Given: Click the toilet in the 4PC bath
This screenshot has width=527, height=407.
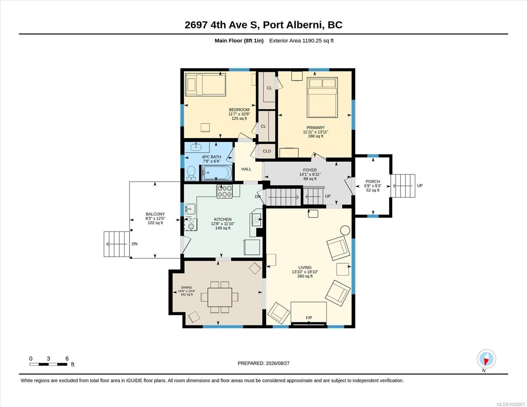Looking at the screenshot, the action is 191,173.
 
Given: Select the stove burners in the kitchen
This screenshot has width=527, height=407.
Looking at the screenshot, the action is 224,191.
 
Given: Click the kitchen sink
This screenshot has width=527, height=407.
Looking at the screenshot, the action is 190,209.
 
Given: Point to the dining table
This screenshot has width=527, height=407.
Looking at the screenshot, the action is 220,297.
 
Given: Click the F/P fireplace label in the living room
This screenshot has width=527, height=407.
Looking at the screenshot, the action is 309,317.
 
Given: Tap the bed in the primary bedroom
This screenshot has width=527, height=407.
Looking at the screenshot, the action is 322,97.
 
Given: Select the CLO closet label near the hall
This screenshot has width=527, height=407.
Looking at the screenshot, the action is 267,151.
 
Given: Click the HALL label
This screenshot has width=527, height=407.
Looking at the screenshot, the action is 246,169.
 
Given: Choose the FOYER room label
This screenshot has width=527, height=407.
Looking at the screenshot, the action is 310,170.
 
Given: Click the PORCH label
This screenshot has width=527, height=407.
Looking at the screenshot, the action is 373,181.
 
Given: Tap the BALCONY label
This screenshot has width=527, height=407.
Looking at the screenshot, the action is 155,214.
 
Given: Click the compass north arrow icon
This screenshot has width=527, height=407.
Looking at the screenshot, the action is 486,359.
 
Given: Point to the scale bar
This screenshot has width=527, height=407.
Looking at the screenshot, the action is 49,364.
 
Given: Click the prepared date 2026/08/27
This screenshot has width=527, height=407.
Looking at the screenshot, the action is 278,363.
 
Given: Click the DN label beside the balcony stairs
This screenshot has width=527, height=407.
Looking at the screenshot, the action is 135,244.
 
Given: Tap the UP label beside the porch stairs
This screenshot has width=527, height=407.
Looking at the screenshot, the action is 420,186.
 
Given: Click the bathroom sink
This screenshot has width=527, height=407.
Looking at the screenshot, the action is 196,147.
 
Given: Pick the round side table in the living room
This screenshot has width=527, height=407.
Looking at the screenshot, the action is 345,230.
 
